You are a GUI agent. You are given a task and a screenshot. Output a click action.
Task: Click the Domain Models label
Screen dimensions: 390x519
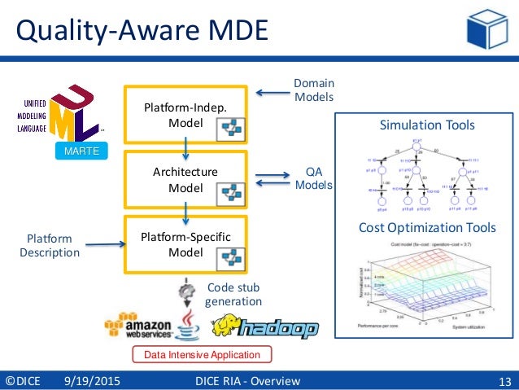pyautogui.click(x=313, y=90)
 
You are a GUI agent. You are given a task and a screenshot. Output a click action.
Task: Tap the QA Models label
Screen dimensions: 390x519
pyautogui.click(x=313, y=177)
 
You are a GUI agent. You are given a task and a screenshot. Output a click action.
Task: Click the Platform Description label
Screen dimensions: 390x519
pyautogui.click(x=50, y=246)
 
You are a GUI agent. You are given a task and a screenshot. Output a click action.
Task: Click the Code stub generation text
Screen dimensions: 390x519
pyautogui.click(x=233, y=294)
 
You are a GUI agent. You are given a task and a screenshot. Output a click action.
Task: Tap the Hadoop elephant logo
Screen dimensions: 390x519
pyautogui.click(x=264, y=327)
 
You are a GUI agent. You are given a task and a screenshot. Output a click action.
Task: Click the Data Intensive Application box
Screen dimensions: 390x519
pyautogui.click(x=202, y=355)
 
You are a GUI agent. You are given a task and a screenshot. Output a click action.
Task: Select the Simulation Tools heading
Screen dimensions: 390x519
pyautogui.click(x=427, y=125)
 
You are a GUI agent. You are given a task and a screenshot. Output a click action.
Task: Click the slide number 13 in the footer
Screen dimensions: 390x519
pyautogui.click(x=504, y=381)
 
